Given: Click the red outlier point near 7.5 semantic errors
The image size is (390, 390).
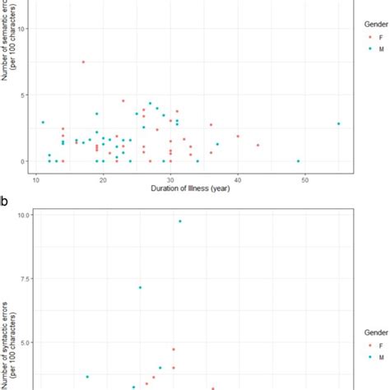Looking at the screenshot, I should coord(83,63).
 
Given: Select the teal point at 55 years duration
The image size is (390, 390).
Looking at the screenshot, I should coord(338,124).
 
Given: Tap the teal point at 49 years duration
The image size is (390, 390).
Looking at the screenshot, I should coord(298,161).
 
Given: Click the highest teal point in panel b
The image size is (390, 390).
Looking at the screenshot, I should coord(180,221).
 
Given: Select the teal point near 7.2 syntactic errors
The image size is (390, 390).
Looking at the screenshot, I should coord(140,287).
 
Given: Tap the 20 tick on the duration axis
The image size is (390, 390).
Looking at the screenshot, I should coord(103,179).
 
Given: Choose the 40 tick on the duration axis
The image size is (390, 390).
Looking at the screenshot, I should coord(237,179).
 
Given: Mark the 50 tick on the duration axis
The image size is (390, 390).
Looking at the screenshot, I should coord(304,179).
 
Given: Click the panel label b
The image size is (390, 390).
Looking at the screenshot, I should coord(5,199).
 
